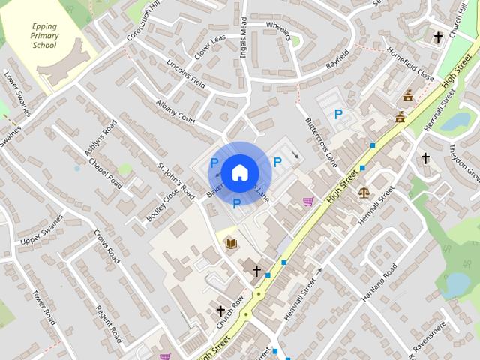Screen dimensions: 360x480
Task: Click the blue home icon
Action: click(238, 172)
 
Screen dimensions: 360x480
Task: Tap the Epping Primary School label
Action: click(44, 35)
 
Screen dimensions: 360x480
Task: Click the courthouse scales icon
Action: click(364, 192)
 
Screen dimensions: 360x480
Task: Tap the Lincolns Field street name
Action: click(186, 72)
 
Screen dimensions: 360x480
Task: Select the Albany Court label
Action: click(175, 109)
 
